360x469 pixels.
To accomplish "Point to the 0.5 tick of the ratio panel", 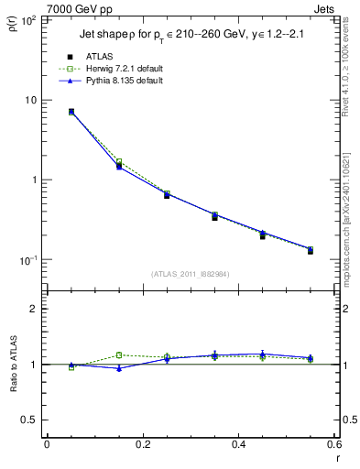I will pos(30,420).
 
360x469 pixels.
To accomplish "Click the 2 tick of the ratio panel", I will pos(34,309).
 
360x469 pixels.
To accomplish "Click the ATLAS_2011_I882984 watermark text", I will pos(190,275).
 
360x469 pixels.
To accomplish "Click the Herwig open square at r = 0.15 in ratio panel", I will pos(118,354).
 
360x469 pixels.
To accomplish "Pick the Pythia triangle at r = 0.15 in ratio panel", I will pos(118,368).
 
